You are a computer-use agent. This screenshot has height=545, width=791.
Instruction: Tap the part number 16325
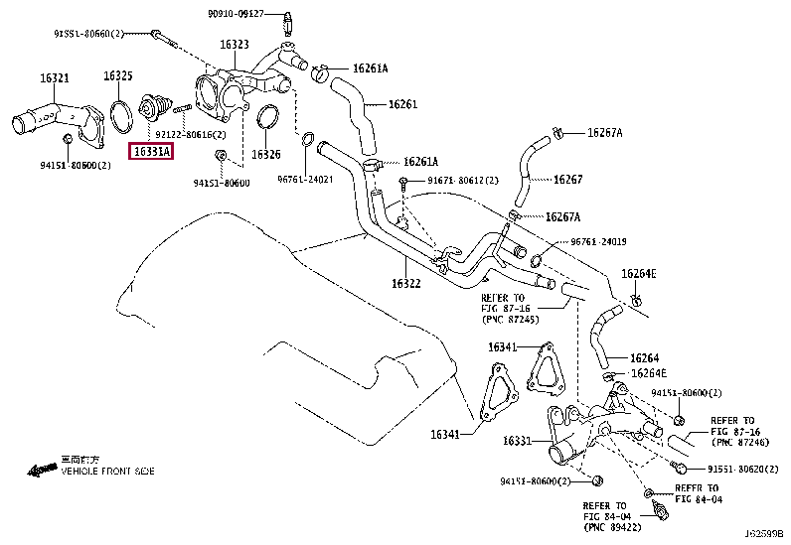coord(119,76)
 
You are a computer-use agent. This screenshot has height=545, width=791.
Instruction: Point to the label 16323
coord(235,45)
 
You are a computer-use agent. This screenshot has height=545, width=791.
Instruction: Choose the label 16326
coord(265,155)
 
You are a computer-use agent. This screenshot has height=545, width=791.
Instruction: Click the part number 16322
coord(406,283)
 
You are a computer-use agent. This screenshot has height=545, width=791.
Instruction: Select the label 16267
coord(567,180)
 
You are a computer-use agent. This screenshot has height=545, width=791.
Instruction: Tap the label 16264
coord(644,358)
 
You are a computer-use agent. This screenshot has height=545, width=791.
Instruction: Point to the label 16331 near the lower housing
coord(517,441)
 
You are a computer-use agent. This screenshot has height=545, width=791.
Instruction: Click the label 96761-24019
coord(600,242)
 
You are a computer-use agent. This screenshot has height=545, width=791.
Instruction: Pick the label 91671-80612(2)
coord(462,181)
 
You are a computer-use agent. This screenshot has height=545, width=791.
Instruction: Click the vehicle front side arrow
coord(43,468)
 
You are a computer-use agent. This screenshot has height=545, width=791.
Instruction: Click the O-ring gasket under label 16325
coord(121,115)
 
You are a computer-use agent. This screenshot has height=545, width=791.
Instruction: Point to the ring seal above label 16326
coord(266,120)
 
